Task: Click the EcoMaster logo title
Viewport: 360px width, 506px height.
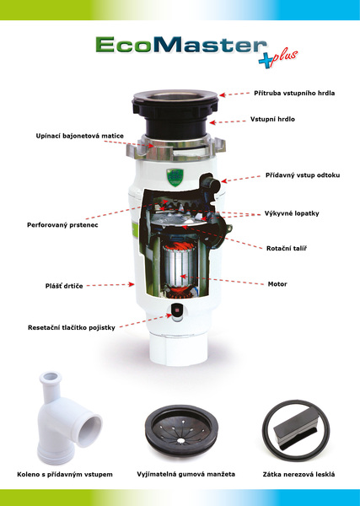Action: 181,46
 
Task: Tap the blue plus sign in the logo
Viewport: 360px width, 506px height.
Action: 266,60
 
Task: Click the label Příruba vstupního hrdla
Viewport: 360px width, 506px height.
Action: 294,94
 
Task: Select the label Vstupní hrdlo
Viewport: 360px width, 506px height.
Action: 272,119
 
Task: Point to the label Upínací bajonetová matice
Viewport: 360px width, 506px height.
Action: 79,136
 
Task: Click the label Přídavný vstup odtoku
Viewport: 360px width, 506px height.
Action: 303,175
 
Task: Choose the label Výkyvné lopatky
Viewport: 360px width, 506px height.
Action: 292,213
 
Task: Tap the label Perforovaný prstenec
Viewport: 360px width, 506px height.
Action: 62,225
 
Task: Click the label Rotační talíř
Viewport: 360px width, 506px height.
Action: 287,249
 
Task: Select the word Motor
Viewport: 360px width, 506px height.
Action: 277,284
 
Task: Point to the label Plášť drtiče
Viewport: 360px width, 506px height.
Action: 64,286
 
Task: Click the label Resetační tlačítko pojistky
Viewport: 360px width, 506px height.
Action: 72,328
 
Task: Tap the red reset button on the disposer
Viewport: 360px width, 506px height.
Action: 177,310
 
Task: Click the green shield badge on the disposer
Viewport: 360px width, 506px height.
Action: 175,177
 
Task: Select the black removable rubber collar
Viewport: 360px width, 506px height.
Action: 181,430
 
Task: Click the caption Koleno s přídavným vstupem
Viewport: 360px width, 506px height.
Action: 65,475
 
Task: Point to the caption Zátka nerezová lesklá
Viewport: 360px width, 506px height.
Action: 298,475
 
